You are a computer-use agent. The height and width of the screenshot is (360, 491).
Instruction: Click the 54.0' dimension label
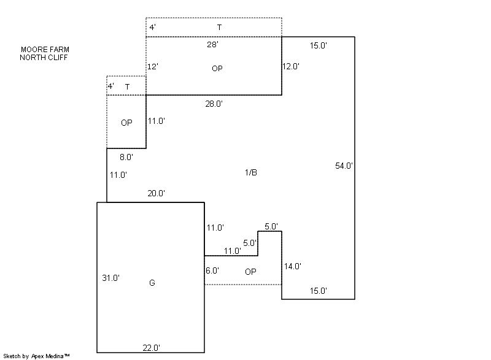click(x=344, y=166)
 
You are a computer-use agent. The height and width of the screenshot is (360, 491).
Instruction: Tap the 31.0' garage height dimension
click(x=110, y=278)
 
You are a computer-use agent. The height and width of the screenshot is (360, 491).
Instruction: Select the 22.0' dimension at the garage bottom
click(x=151, y=348)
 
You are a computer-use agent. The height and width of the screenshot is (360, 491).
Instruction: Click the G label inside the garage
click(x=152, y=283)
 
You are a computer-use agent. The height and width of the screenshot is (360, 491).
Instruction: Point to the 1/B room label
click(x=251, y=172)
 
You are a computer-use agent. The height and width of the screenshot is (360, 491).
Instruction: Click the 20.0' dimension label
click(x=156, y=194)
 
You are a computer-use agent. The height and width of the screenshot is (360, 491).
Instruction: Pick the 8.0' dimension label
click(x=126, y=158)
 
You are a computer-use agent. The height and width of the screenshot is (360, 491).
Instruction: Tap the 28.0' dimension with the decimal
click(x=214, y=104)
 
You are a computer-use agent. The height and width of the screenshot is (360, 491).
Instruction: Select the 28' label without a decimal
click(x=213, y=45)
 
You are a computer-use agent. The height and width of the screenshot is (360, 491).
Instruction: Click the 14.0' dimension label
click(x=292, y=266)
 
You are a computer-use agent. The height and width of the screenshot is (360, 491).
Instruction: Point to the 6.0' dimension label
click(x=212, y=270)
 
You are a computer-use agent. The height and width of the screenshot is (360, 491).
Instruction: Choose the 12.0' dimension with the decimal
click(x=291, y=66)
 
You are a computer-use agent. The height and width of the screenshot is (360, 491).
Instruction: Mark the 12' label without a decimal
click(x=153, y=66)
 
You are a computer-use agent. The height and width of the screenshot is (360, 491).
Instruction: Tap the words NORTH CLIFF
click(x=44, y=57)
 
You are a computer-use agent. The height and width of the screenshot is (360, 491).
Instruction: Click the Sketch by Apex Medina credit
click(x=36, y=356)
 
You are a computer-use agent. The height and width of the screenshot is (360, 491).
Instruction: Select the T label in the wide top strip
click(x=219, y=28)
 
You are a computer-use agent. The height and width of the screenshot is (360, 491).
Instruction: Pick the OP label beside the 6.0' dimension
click(x=250, y=271)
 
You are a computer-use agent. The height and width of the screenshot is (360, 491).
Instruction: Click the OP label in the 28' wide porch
click(x=217, y=69)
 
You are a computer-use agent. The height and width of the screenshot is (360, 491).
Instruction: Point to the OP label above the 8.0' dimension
click(x=126, y=123)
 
